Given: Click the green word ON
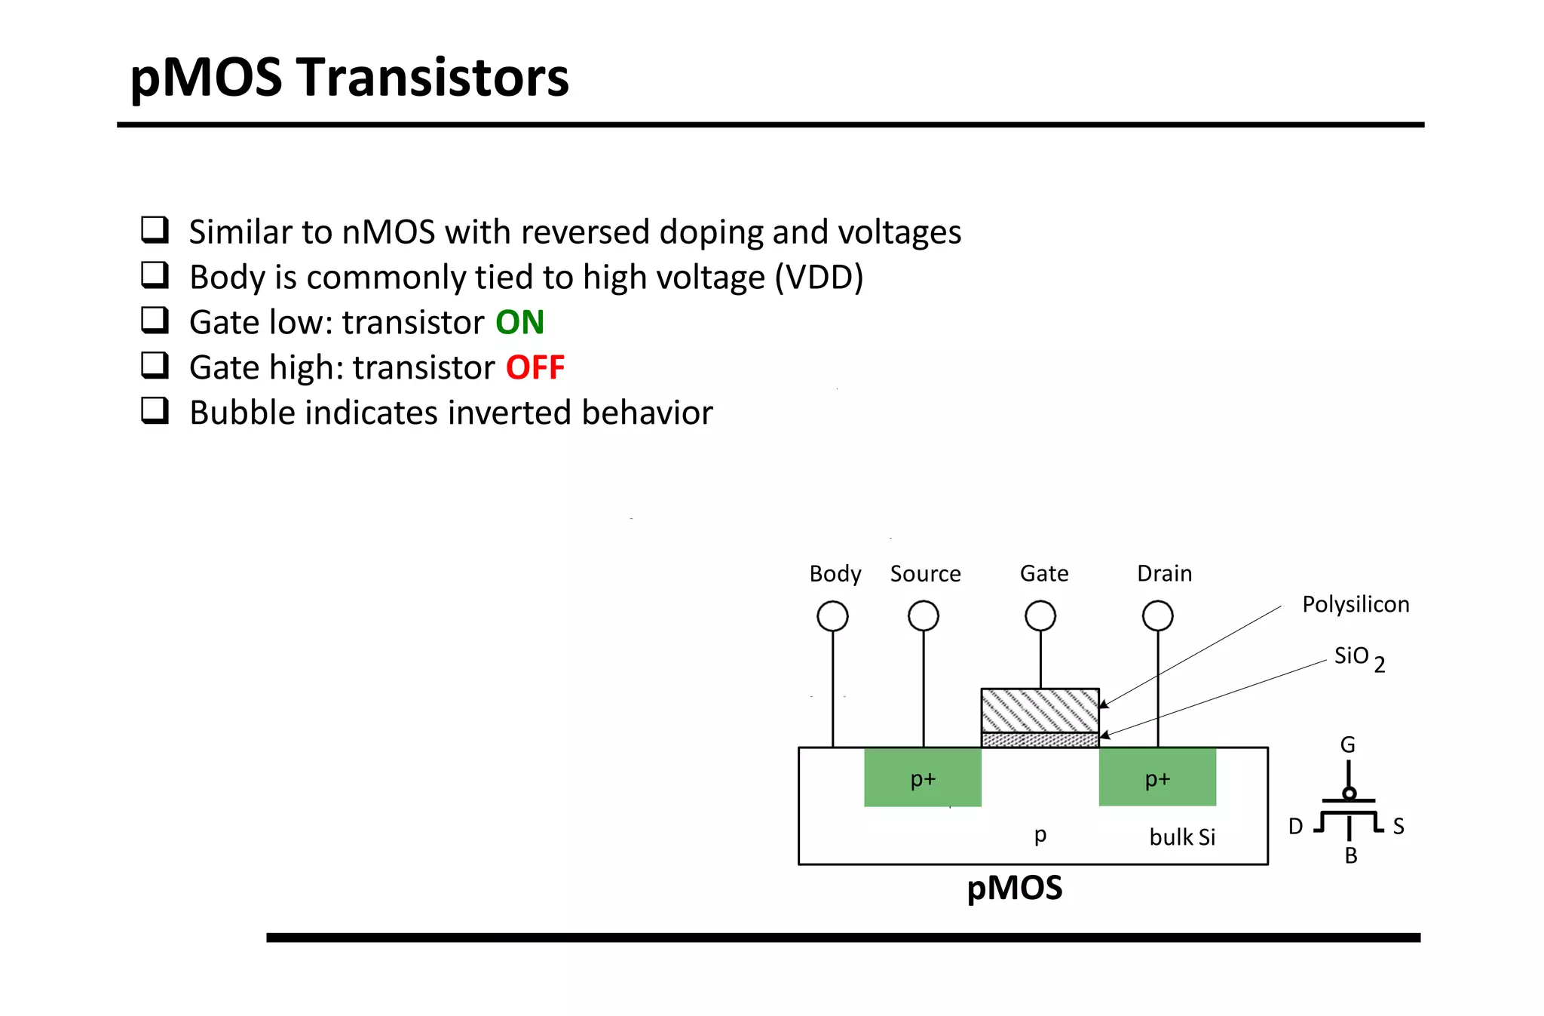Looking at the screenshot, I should pos(519,323).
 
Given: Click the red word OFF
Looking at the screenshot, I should pos(535,368).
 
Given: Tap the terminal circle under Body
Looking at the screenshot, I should pos(832,616).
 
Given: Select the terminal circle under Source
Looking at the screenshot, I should pos(923,616).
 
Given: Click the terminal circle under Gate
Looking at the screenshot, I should pos(1040,616).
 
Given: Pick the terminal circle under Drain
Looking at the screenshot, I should pos(1157,616).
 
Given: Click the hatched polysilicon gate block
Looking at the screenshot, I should pos(1040,711).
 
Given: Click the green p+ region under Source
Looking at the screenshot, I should pos(922,778).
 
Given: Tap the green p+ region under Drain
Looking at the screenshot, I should pos(1157,778).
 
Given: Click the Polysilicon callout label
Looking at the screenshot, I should pos(1355,605).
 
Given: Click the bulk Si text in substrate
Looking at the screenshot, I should pos(1181,837).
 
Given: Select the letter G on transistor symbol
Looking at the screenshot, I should pos(1347,745).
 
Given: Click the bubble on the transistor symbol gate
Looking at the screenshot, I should pos(1349,793).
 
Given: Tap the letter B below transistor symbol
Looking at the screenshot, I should pos(1350,856).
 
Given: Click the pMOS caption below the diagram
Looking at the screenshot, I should pos(1014,888).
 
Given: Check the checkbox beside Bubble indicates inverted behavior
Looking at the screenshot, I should pos(155,411).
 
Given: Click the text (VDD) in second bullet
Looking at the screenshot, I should pos(819,278).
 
